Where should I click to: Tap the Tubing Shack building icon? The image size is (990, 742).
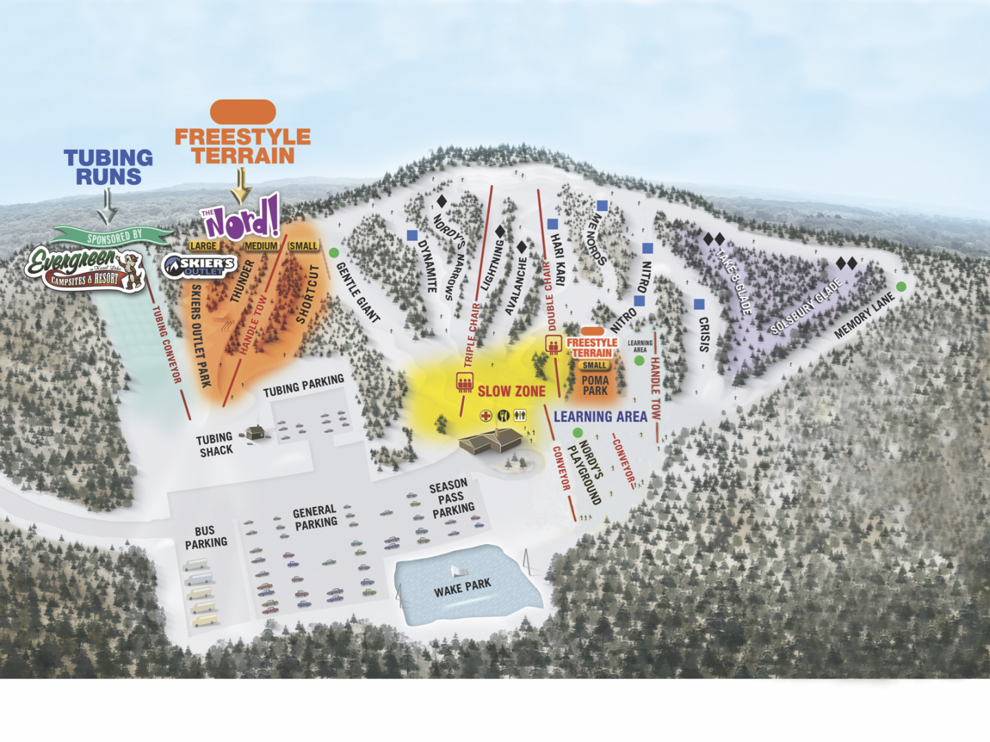256,433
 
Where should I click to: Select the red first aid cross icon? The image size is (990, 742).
485,416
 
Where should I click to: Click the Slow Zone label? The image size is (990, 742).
511,392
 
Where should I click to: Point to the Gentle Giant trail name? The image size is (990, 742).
357,293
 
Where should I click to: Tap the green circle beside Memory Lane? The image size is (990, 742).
901,286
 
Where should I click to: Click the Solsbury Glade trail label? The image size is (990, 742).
806,307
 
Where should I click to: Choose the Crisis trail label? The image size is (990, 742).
704,334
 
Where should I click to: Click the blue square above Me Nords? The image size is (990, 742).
602,205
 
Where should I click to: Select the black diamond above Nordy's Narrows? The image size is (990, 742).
442,201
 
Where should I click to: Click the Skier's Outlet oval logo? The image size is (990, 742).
199,265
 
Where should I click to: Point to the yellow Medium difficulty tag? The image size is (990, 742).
261,246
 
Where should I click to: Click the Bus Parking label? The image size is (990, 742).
205,537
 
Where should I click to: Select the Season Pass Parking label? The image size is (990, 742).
451,499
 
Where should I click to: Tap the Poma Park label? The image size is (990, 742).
595,385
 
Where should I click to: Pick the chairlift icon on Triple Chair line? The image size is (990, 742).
464,382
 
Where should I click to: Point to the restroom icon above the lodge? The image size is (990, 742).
520,416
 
